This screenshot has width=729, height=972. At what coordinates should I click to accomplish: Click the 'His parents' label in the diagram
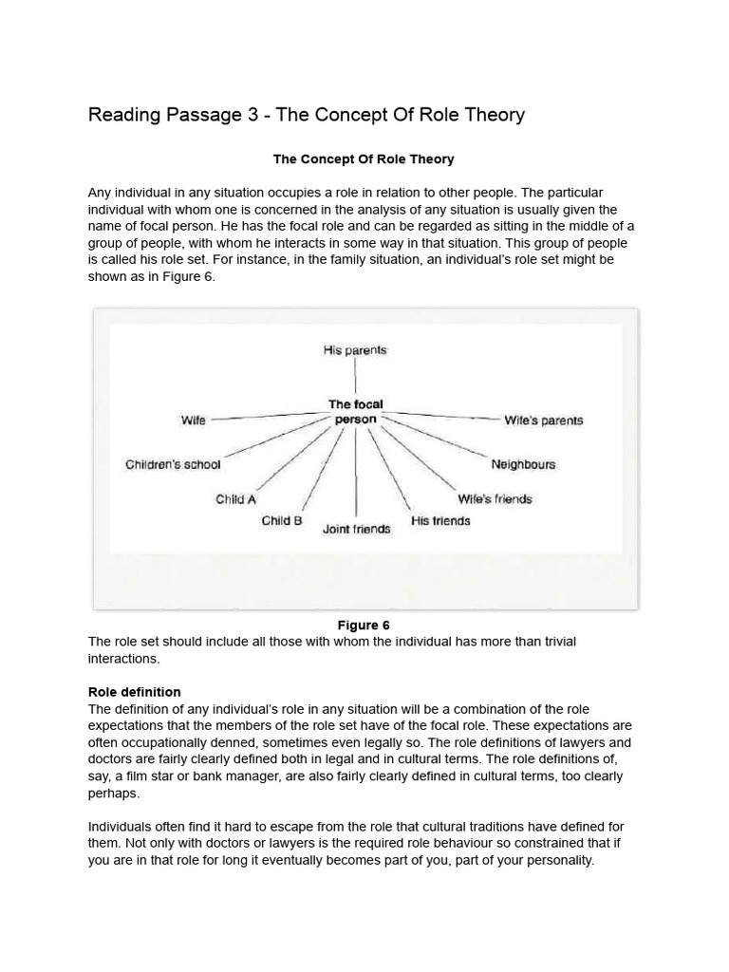(355, 350)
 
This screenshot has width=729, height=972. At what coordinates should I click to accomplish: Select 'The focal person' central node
(356, 412)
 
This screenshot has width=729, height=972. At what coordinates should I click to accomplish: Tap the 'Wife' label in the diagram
(193, 421)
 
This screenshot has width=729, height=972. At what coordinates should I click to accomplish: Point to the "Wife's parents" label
(544, 421)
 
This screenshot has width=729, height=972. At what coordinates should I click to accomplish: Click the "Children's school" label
(173, 464)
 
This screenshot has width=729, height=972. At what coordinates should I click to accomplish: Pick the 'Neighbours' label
(523, 464)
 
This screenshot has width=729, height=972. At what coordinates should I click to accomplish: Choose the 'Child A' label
(235, 499)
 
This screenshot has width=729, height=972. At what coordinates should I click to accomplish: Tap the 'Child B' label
(282, 520)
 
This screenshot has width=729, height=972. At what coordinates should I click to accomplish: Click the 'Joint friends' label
(356, 529)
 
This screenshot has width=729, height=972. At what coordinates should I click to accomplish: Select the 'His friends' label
(439, 520)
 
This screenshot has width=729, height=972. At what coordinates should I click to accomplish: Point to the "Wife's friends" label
(495, 499)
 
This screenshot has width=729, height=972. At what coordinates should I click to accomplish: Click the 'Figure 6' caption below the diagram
(364, 625)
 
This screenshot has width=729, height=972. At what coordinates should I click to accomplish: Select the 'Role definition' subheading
(134, 692)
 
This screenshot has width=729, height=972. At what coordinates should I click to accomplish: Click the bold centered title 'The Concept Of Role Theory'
(364, 159)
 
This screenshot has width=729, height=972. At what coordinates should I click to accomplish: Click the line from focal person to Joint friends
(356, 475)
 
